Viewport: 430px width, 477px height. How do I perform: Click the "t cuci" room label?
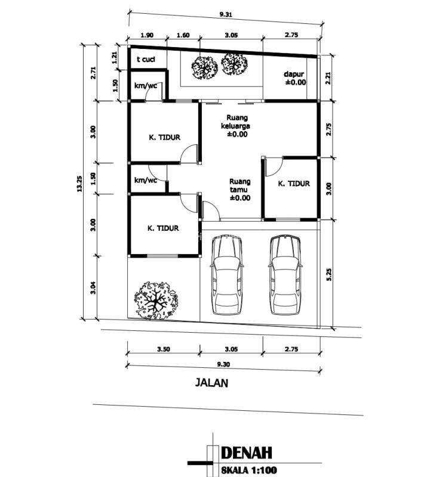point(146,59)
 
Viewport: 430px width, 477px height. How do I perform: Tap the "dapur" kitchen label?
point(294,75)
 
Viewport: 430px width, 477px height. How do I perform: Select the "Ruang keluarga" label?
point(235,122)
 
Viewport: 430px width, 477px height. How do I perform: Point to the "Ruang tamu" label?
point(240,185)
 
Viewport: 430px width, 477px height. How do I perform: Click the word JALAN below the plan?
point(211,383)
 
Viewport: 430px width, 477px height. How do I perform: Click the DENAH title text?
point(246,453)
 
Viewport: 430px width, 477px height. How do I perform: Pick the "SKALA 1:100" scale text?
point(249,470)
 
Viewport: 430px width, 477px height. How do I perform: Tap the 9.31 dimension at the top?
point(226,14)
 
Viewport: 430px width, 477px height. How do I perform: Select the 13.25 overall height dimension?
point(79,184)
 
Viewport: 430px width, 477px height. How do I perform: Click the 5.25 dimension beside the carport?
point(329,274)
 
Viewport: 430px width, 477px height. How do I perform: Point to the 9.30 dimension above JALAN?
point(223,364)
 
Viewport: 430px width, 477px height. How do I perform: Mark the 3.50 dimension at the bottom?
point(164,349)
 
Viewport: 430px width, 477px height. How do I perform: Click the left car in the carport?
point(227,275)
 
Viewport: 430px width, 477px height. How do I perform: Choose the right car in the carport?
point(285,275)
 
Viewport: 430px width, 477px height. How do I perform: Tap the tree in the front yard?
point(156,301)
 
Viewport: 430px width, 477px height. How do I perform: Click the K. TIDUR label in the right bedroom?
point(294,184)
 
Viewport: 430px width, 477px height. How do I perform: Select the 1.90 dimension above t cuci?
point(147,35)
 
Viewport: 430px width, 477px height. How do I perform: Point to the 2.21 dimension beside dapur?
point(328,78)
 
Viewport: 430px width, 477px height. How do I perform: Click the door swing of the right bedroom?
point(274,167)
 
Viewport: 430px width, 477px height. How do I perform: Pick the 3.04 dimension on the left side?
point(93,288)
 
